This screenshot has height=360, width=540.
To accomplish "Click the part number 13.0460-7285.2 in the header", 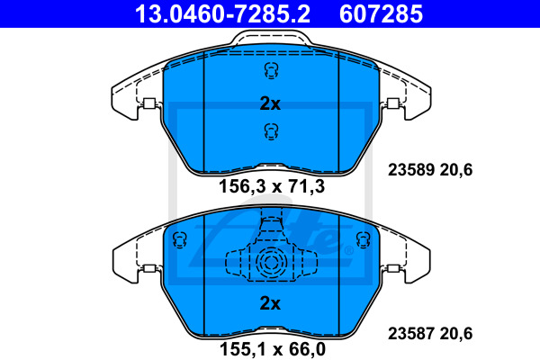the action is click(222, 14).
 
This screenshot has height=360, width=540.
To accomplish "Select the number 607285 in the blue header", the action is click(381, 14).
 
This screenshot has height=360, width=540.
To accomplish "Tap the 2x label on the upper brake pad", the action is click(270, 103).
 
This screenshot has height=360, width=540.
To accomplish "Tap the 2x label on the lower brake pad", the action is click(270, 303).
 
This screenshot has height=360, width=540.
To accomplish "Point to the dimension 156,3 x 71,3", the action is click(272, 186).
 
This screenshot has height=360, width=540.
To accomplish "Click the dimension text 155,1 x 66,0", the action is click(273, 349).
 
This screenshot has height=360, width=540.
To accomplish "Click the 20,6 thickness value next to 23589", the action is click(455, 170).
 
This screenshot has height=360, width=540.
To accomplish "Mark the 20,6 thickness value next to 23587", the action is click(455, 334).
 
